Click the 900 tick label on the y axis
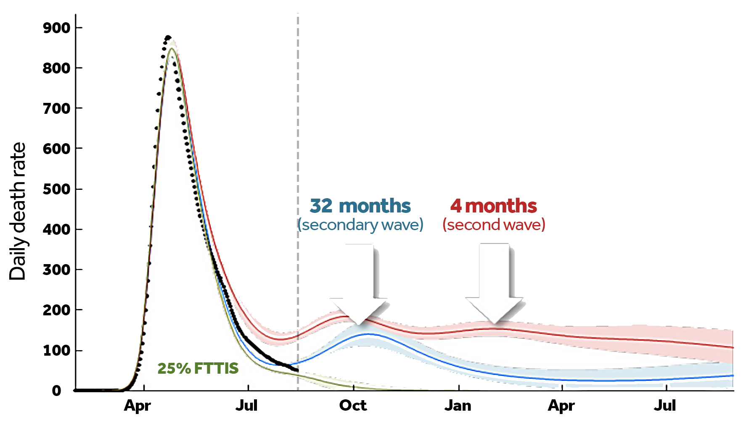[56, 28]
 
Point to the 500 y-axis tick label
[56, 189]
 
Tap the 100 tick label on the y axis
[56, 351]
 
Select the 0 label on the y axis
[56, 391]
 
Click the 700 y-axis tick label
[56, 109]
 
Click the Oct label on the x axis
[353, 406]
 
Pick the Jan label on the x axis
[458, 406]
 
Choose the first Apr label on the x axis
[137, 406]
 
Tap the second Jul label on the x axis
[665, 406]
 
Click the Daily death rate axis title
[18, 211]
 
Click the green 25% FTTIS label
[198, 369]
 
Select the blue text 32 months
[360, 206]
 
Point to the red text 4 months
[494, 206]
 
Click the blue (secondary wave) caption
[360, 225]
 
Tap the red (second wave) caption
[494, 225]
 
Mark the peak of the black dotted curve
[168, 37]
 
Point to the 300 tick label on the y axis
[56, 270]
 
